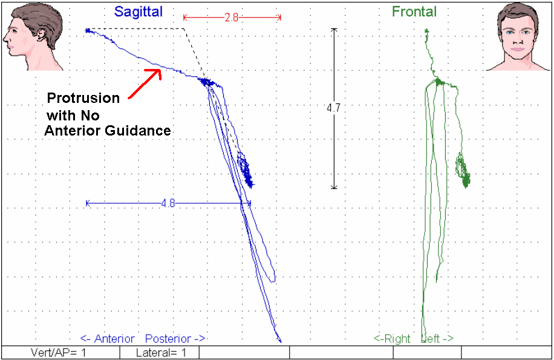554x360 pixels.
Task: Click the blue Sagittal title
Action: tap(138, 11)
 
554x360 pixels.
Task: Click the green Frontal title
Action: tap(414, 11)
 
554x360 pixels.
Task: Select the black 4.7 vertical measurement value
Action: tap(333, 108)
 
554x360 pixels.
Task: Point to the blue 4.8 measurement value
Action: tap(168, 203)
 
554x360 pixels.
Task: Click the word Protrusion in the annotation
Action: tap(83, 98)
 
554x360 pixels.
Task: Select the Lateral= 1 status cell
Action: tap(160, 352)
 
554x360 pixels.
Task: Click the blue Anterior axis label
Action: tap(109, 339)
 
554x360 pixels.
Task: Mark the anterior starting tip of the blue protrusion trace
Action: tap(87, 30)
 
